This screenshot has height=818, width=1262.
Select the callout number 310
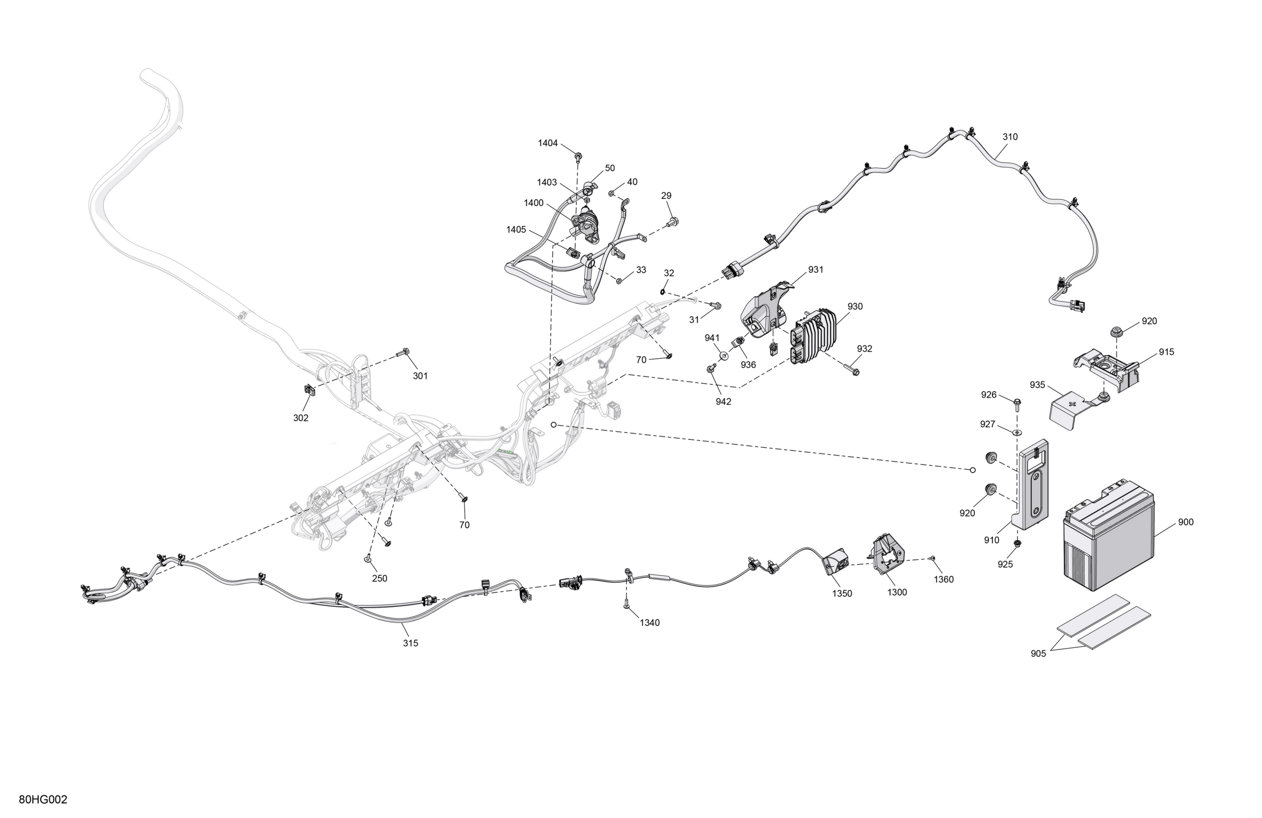tap(1010, 137)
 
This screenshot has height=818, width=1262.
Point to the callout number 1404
tap(548, 143)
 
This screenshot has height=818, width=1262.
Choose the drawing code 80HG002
tap(43, 800)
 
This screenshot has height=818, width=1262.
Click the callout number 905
tap(1038, 654)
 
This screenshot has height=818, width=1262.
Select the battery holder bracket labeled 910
tap(1031, 484)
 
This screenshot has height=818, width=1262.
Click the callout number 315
tap(411, 643)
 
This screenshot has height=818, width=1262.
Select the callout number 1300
tap(897, 592)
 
